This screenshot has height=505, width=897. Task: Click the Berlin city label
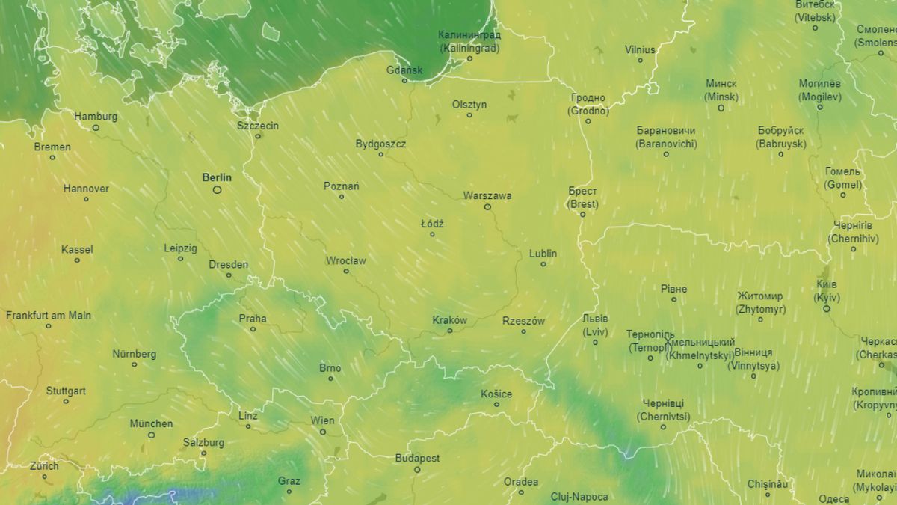(x=217, y=178)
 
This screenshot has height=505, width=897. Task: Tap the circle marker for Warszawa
(x=487, y=207)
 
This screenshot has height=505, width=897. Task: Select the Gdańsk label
(x=404, y=70)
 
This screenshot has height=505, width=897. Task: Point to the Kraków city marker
(x=449, y=331)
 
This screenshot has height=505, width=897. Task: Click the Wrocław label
(x=346, y=261)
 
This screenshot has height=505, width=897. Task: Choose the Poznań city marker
(x=342, y=197)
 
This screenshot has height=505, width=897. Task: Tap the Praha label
(x=253, y=319)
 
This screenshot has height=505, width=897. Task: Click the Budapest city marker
(x=417, y=470)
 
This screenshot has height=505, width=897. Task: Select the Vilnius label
(x=640, y=50)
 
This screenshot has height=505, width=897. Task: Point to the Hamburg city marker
(x=96, y=128)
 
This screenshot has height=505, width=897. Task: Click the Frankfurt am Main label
(x=49, y=316)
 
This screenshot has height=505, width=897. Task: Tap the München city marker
(x=151, y=435)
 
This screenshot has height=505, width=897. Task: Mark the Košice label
(x=496, y=394)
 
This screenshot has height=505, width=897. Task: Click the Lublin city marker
(x=543, y=264)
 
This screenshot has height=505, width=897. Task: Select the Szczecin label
(x=258, y=126)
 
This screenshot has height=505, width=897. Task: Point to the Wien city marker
(x=323, y=432)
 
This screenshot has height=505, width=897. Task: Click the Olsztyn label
(x=469, y=105)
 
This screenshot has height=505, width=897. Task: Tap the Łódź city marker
(x=432, y=234)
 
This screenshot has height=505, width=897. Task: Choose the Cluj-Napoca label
(x=579, y=496)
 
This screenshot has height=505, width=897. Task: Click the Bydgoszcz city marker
(x=380, y=154)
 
